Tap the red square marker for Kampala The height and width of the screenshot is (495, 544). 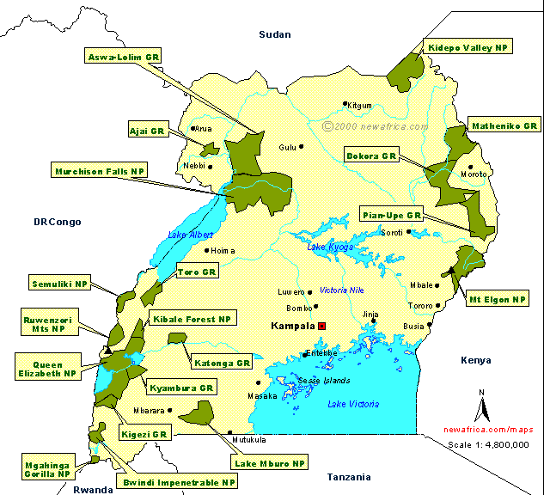point(322,326)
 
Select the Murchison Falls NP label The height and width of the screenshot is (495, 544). point(100,171)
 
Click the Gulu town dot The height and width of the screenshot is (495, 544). point(302,147)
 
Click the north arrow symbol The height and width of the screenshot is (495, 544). point(482,405)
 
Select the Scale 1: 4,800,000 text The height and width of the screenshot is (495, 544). point(488,444)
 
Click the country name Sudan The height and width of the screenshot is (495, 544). point(275,34)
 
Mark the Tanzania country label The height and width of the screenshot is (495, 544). point(349,477)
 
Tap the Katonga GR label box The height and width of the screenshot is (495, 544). point(222,364)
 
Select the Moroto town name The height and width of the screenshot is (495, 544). point(474,174)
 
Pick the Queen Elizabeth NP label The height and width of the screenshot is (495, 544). point(47,368)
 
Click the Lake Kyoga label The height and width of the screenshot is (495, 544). point(330,247)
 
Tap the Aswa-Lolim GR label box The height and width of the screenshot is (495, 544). point(123,58)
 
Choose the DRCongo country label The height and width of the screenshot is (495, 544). point(58,222)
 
